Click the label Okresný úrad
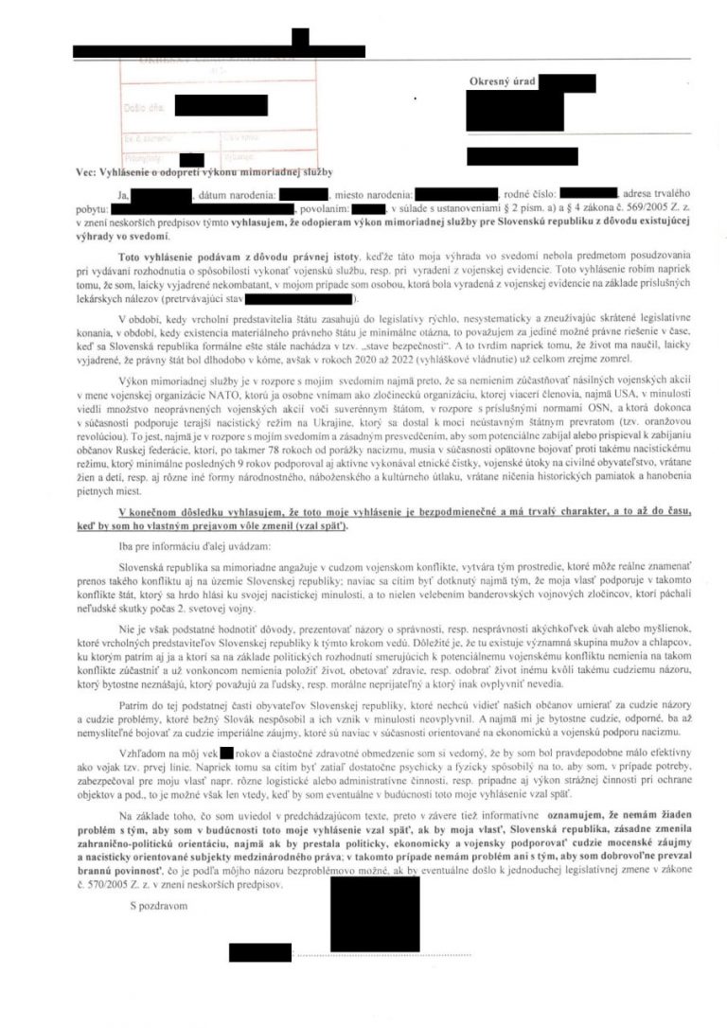(x=501, y=83)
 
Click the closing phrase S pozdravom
(x=160, y=905)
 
